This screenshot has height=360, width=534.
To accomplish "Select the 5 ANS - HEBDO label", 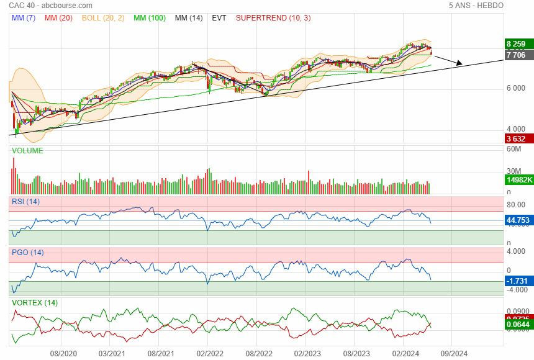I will pyautogui.click(x=476, y=6).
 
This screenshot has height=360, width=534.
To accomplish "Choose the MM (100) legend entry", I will pyautogui.click(x=149, y=18).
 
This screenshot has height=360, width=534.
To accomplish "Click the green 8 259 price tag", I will pyautogui.click(x=517, y=44).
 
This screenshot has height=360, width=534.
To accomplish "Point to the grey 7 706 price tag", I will pyautogui.click(x=517, y=55).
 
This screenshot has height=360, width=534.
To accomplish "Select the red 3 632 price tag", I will pyautogui.click(x=517, y=138).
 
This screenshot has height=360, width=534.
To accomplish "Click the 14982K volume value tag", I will pyautogui.click(x=520, y=180).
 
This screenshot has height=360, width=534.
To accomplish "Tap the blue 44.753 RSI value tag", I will pyautogui.click(x=519, y=220).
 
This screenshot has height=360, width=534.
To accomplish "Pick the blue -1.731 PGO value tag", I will pyautogui.click(x=518, y=281).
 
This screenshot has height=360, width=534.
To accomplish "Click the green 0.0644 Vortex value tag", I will pyautogui.click(x=519, y=324).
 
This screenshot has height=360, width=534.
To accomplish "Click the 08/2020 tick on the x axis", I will pyautogui.click(x=63, y=353).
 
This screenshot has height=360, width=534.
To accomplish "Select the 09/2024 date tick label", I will pyautogui.click(x=454, y=353).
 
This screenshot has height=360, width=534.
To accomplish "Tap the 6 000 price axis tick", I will pyautogui.click(x=517, y=88).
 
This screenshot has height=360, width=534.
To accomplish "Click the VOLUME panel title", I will pyautogui.click(x=27, y=151).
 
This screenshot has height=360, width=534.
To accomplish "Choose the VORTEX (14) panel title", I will pyautogui.click(x=34, y=302).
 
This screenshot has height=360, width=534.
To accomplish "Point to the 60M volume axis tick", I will pyautogui.click(x=514, y=149).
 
